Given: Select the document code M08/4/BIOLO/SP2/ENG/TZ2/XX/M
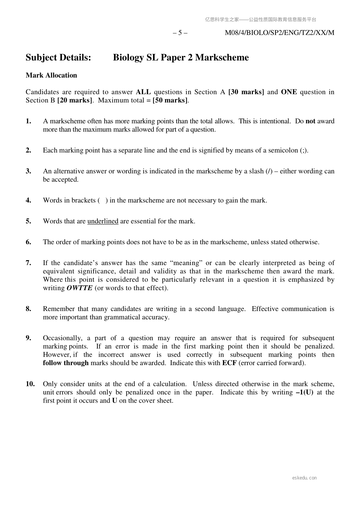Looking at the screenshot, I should [x=280, y=33].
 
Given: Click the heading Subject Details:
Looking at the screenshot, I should [x=58, y=57].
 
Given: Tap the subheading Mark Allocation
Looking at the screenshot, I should [x=51, y=75].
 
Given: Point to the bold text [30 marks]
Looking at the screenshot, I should [x=246, y=92].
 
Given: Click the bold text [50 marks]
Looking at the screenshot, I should [x=170, y=100].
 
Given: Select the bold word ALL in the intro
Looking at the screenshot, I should [x=143, y=92].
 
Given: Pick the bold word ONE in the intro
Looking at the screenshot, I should [x=289, y=92].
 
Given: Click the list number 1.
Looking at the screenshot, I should [x=28, y=121].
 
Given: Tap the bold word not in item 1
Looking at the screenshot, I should [x=310, y=121].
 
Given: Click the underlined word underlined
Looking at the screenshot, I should [x=103, y=221].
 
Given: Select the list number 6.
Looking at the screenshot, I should [x=28, y=242].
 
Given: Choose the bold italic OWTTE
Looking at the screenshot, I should [x=79, y=288].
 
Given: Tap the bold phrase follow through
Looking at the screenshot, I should [x=66, y=363].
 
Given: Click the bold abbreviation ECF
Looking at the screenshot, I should [x=229, y=363].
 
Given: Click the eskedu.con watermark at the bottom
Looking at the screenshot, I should [x=305, y=478].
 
